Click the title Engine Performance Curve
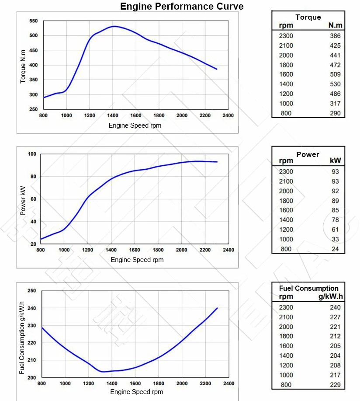(x=182, y=7)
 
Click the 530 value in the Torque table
(x=335, y=84)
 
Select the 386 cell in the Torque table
(x=335, y=36)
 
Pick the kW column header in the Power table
(x=335, y=161)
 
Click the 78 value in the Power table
(x=335, y=220)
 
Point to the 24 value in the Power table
(x=335, y=249)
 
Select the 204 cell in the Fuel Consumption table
(x=336, y=356)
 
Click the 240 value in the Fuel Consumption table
(x=336, y=307)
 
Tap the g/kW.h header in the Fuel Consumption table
(x=330, y=296)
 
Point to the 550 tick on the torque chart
(x=34, y=21)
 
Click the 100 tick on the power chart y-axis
(x=31, y=154)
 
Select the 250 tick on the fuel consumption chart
(x=31, y=290)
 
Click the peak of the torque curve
(x=114, y=26)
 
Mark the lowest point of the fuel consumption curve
(x=103, y=372)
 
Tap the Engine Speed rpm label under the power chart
(x=137, y=260)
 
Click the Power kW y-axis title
(x=23, y=199)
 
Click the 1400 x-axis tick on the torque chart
(x=112, y=115)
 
